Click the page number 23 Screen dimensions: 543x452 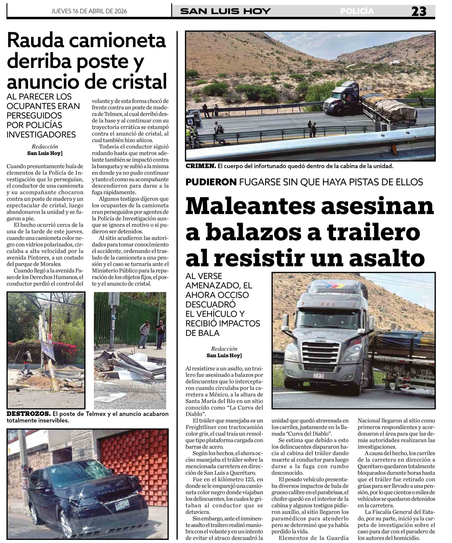tap(419, 11)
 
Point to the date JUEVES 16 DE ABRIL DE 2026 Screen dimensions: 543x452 tap(89, 11)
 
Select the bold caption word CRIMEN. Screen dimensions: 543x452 tap(201, 166)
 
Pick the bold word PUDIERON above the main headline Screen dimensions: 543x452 tap(211, 182)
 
